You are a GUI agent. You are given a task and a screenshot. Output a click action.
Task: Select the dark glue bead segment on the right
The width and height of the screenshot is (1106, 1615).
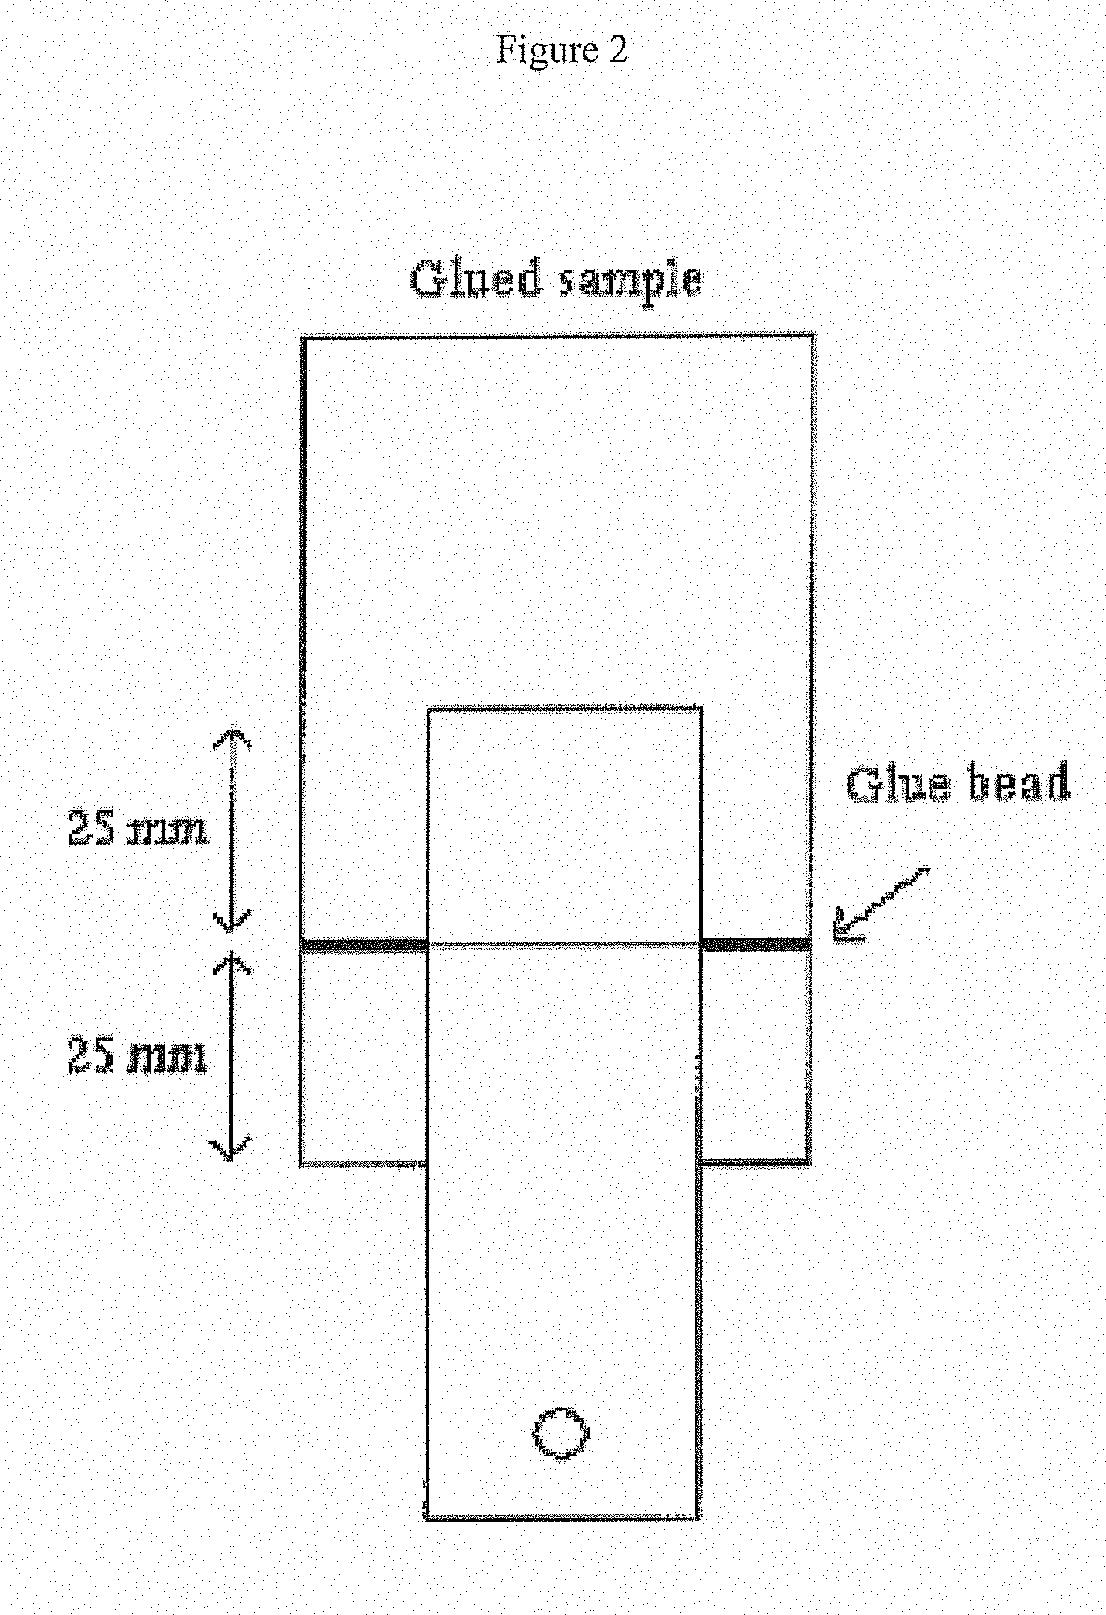pos(755,944)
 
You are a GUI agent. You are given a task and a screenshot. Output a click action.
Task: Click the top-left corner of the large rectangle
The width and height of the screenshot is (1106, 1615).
pos(304,338)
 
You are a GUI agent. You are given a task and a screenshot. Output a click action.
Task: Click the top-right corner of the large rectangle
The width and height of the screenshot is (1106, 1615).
pos(811,337)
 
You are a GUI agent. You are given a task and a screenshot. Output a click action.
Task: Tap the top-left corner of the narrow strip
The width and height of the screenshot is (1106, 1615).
pos(429,711)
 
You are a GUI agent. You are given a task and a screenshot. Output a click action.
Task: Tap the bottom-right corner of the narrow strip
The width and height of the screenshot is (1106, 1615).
pos(697,1517)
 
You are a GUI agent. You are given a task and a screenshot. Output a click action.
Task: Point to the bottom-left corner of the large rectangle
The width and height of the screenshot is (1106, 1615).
pos(301,1162)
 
